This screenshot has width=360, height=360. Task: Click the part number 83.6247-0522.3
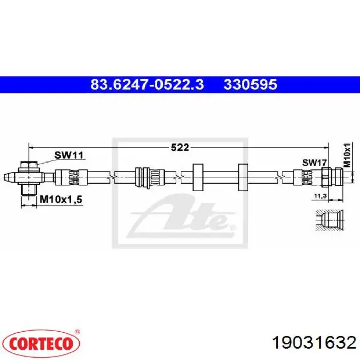147,84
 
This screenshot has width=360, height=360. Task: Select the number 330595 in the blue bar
250,84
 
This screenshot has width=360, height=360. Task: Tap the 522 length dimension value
180,147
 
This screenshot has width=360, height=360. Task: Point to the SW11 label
68,155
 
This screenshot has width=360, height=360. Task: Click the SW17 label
314,163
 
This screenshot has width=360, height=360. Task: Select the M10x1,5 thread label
61,200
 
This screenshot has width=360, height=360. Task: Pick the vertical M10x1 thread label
347,155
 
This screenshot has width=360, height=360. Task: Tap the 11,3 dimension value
320,196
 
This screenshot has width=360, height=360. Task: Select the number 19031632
314,343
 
